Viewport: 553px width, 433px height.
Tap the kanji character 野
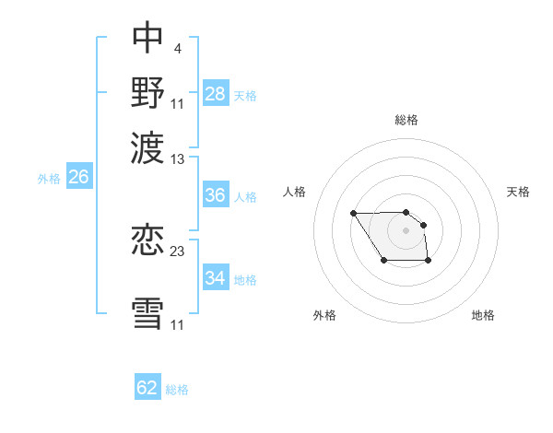[148, 91]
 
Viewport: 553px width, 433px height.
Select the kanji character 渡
[148, 145]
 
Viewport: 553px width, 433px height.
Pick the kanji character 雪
[148, 311]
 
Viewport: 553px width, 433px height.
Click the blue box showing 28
[216, 93]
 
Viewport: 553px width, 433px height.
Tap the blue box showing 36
[216, 195]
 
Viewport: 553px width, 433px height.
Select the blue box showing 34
[216, 278]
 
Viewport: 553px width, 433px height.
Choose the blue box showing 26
[78, 177]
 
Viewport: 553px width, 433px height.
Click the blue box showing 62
[147, 388]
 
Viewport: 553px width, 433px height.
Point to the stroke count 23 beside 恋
[178, 251]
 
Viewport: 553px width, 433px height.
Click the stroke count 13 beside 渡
[178, 158]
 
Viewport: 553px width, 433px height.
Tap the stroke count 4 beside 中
[177, 45]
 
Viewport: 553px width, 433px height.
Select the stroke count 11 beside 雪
[178, 324]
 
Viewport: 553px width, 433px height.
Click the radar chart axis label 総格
[406, 120]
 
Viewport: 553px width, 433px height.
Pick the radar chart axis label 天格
[518, 192]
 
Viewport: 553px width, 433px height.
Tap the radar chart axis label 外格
[324, 315]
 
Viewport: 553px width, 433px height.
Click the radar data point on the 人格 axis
[354, 214]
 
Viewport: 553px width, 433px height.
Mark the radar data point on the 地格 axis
[429, 262]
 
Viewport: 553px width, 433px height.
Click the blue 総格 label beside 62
[177, 390]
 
